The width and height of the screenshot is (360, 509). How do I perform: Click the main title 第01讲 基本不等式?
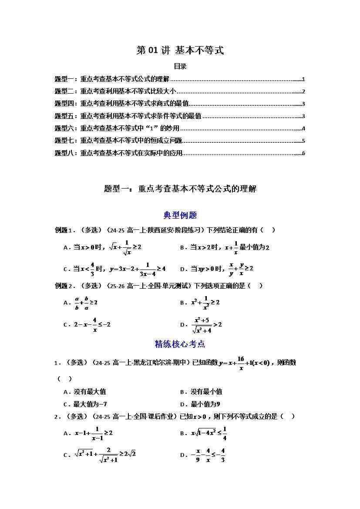click(x=180, y=51)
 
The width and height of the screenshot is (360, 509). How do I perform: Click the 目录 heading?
click(x=180, y=67)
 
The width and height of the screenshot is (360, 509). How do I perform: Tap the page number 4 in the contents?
click(x=303, y=128)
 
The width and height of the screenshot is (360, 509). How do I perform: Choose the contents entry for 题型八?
click(x=118, y=153)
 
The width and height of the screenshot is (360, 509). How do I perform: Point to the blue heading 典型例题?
click(x=180, y=215)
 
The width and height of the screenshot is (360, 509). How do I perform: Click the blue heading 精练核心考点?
click(x=180, y=344)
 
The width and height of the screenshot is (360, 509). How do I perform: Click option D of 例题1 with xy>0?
click(x=216, y=269)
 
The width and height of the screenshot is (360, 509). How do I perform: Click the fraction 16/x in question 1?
click(x=240, y=363)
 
